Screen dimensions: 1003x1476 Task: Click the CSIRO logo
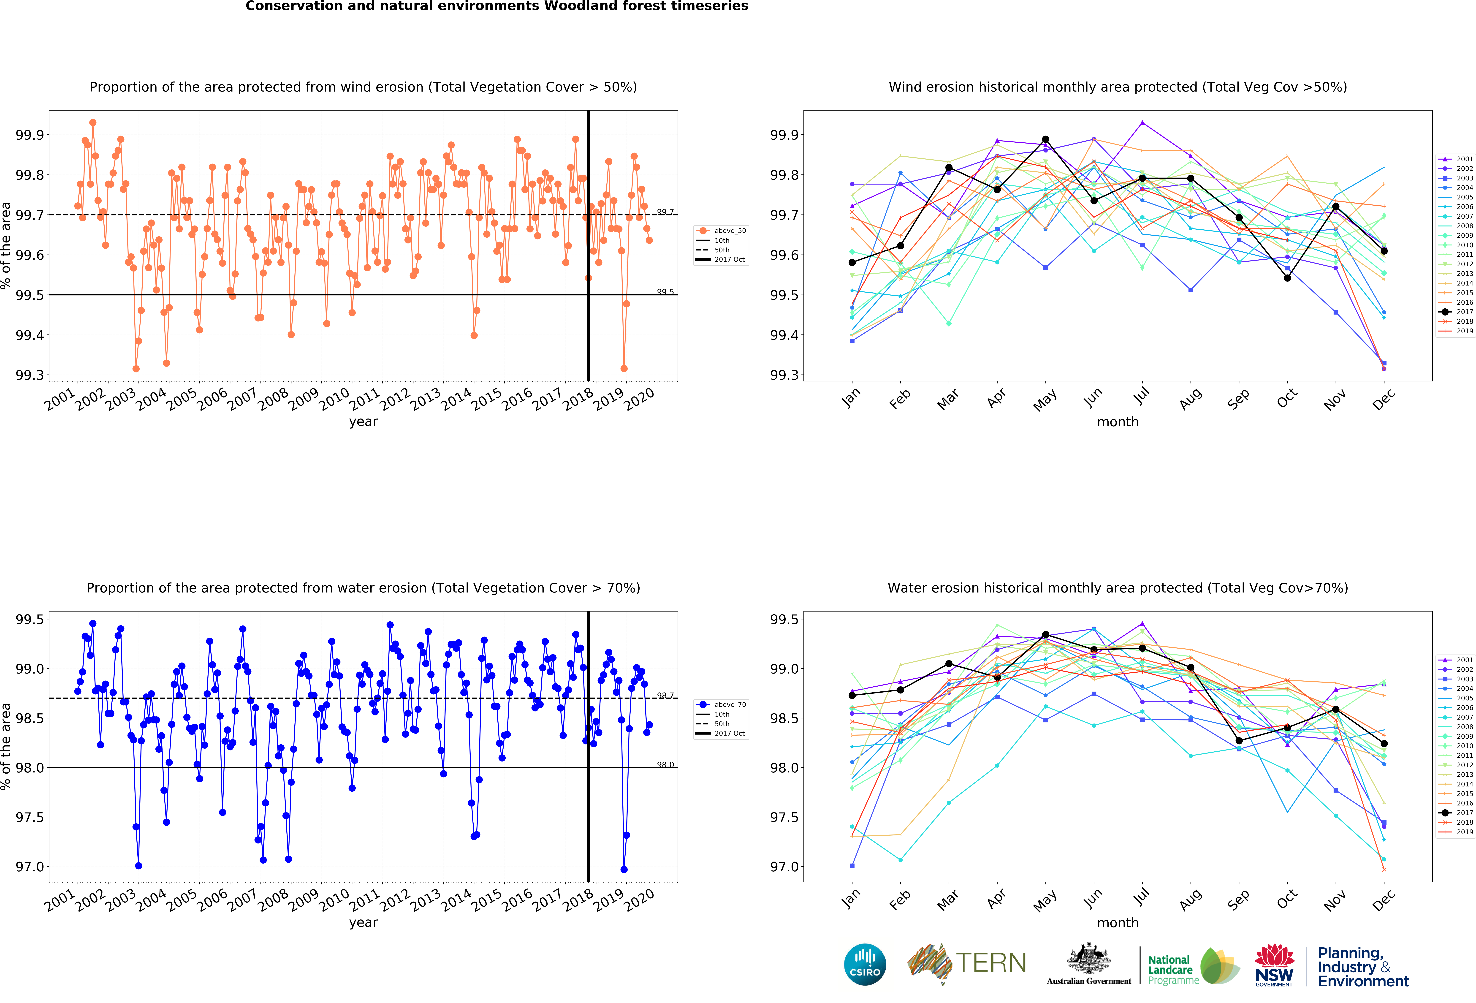coord(865,964)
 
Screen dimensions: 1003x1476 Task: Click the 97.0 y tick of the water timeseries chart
coord(30,867)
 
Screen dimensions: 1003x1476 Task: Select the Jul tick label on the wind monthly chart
coord(1141,396)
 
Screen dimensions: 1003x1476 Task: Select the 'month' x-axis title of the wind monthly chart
coord(1118,422)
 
